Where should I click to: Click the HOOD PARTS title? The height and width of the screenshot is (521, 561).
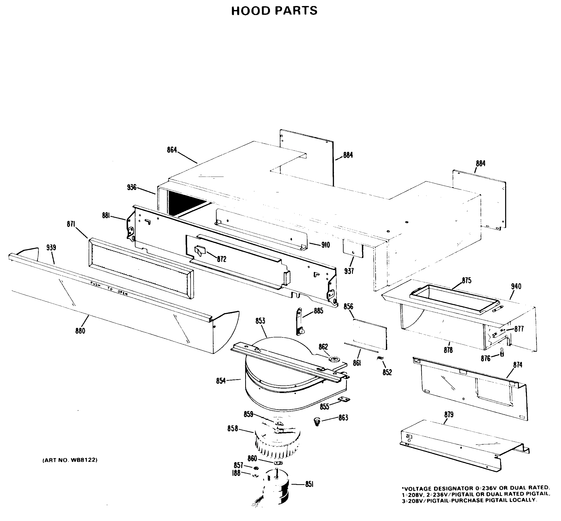pyautogui.click(x=274, y=11)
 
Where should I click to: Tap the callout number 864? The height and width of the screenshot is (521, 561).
pyautogui.click(x=172, y=150)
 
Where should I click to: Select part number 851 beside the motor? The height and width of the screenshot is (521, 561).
pyautogui.click(x=309, y=484)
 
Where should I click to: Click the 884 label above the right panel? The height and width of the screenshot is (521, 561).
pyautogui.click(x=480, y=164)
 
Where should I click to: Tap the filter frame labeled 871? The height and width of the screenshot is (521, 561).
pyautogui.click(x=141, y=268)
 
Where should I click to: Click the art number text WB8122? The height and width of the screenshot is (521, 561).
pyautogui.click(x=70, y=460)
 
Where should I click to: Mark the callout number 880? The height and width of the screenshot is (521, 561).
pyautogui.click(x=80, y=331)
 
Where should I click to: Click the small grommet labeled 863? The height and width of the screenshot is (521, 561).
pyautogui.click(x=317, y=422)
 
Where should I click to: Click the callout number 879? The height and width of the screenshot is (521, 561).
pyautogui.click(x=449, y=415)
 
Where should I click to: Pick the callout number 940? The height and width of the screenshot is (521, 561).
pyautogui.click(x=516, y=287)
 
